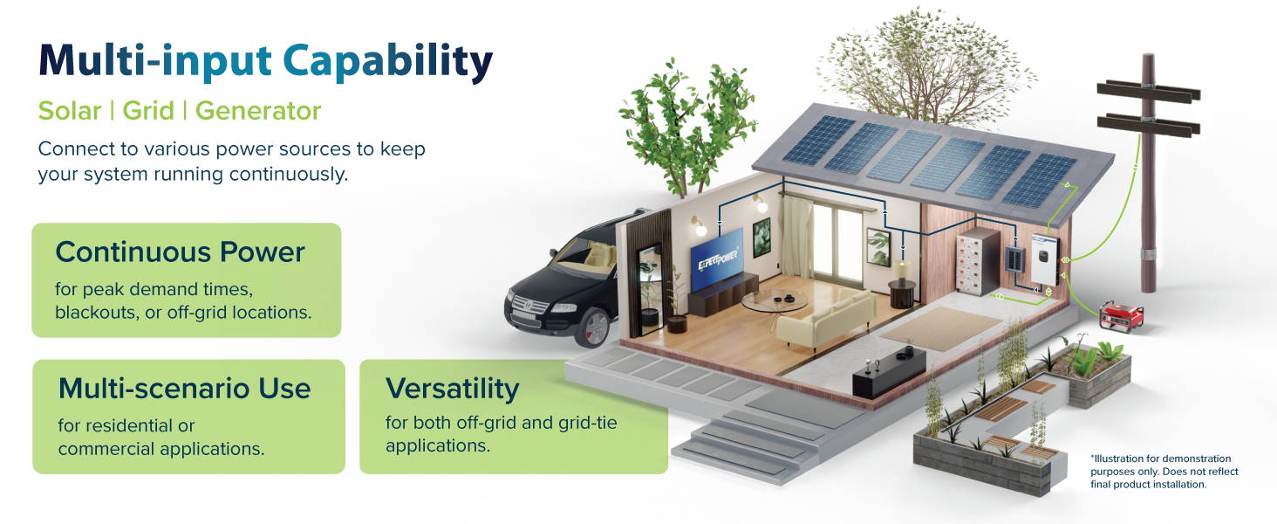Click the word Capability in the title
[x=387, y=62]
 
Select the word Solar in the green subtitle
[x=70, y=111]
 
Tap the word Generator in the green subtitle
[x=258, y=111]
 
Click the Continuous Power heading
[x=181, y=252]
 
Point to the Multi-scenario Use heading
[x=184, y=389]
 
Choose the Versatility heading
[x=452, y=390]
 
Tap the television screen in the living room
[x=717, y=259]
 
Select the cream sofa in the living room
[x=827, y=317]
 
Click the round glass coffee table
[x=775, y=301]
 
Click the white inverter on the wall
[x=1044, y=260]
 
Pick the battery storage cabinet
[x=977, y=261]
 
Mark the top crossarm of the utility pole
[x=1148, y=93]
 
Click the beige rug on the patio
[x=940, y=328]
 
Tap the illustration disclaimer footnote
[x=1164, y=472]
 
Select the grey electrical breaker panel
[x=1014, y=259]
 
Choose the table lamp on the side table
[x=901, y=269]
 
